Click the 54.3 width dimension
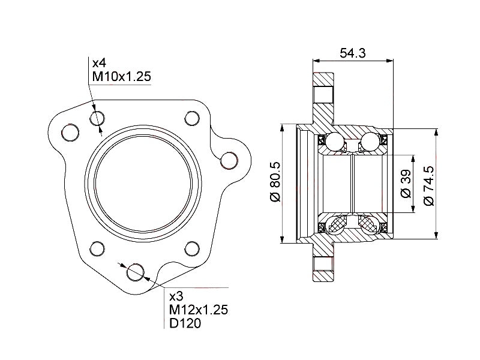353,53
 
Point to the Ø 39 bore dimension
405,184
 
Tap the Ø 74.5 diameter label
428,185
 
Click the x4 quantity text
100,63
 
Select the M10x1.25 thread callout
121,77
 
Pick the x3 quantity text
176,296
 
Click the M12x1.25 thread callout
198,310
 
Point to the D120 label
185,323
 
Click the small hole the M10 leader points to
97,119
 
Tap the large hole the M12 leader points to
136,272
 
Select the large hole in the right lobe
229,160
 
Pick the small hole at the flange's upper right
192,118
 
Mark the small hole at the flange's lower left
97,248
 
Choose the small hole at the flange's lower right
192,248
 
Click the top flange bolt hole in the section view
325,94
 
